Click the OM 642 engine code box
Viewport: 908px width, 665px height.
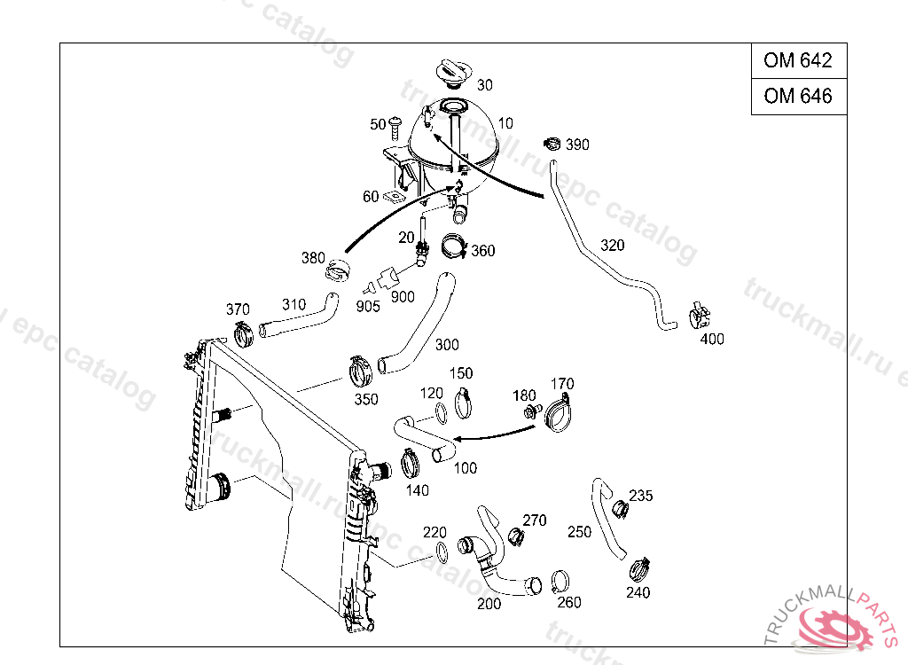click(x=798, y=61)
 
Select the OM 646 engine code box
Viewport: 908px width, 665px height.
click(x=798, y=96)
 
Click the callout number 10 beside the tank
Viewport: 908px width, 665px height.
click(x=505, y=122)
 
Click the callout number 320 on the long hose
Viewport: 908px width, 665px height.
click(x=612, y=245)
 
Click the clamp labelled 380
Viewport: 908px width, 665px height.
click(x=338, y=270)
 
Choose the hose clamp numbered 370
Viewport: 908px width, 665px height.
click(x=243, y=335)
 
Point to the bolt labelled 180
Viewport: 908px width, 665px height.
click(x=532, y=411)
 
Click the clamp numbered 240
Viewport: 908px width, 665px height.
click(x=641, y=568)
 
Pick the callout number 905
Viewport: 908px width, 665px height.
click(x=368, y=307)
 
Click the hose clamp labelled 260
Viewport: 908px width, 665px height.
click(x=560, y=582)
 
